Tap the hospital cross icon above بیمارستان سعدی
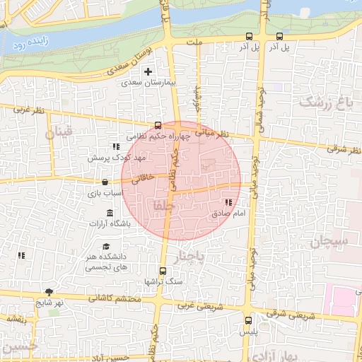[x=148, y=71]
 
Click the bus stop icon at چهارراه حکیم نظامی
[x=158, y=125]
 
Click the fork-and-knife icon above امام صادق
[x=228, y=203]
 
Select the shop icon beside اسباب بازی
[x=105, y=182]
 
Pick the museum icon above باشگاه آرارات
[x=109, y=214]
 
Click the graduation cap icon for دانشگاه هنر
[x=106, y=247]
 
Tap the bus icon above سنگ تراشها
[x=163, y=271]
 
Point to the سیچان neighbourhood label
[x=329, y=240]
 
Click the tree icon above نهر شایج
[x=49, y=292]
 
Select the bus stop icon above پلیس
[x=247, y=320]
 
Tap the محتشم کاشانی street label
[x=115, y=299]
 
